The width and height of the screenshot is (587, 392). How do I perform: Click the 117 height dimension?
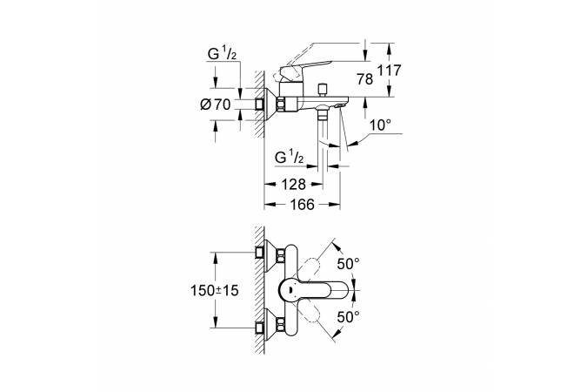click(x=389, y=71)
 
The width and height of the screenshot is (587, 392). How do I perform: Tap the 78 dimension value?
click(x=365, y=79)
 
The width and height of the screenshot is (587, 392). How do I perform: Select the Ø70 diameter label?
click(x=216, y=105)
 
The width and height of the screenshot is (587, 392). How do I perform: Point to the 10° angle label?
click(x=380, y=125)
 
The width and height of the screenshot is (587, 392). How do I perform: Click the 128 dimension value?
click(x=294, y=184)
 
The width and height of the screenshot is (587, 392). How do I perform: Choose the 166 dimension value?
click(x=302, y=205)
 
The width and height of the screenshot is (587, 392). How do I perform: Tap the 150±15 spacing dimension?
click(x=215, y=290)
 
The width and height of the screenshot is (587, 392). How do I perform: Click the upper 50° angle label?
click(x=348, y=264)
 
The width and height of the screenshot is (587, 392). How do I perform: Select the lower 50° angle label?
click(x=348, y=317)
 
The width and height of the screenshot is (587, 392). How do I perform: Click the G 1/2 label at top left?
click(x=222, y=55)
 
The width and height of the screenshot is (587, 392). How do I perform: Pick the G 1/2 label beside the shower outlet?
click(x=289, y=158)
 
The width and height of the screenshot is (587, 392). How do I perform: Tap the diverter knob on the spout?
click(x=322, y=90)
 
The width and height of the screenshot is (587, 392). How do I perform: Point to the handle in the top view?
click(x=314, y=290)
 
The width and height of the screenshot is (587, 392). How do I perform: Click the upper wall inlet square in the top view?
click(x=259, y=253)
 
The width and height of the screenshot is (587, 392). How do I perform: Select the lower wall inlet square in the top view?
click(x=259, y=328)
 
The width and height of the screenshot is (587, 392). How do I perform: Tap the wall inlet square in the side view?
click(x=259, y=104)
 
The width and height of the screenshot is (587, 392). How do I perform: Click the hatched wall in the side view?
click(x=259, y=104)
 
